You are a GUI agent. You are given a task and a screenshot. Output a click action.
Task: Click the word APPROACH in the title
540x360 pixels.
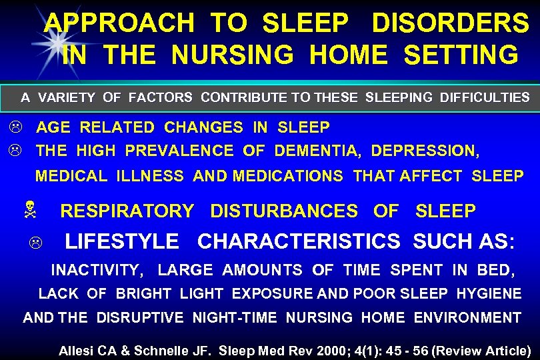(119, 24)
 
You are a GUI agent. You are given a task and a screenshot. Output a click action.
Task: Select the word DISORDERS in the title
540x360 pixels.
(450, 24)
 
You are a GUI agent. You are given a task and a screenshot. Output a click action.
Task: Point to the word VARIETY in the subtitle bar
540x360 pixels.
(67, 98)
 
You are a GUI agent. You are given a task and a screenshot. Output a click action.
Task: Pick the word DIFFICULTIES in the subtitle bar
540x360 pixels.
(485, 98)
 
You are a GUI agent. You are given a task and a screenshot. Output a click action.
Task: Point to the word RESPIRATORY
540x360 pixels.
(127, 212)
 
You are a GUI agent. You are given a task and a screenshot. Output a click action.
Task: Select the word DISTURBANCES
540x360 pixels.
(283, 212)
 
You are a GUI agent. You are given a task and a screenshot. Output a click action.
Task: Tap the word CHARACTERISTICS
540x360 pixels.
(299, 241)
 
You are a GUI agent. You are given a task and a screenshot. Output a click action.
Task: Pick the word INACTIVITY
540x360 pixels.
(97, 271)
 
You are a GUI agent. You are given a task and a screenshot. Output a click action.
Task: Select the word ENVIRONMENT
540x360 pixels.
(467, 318)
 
